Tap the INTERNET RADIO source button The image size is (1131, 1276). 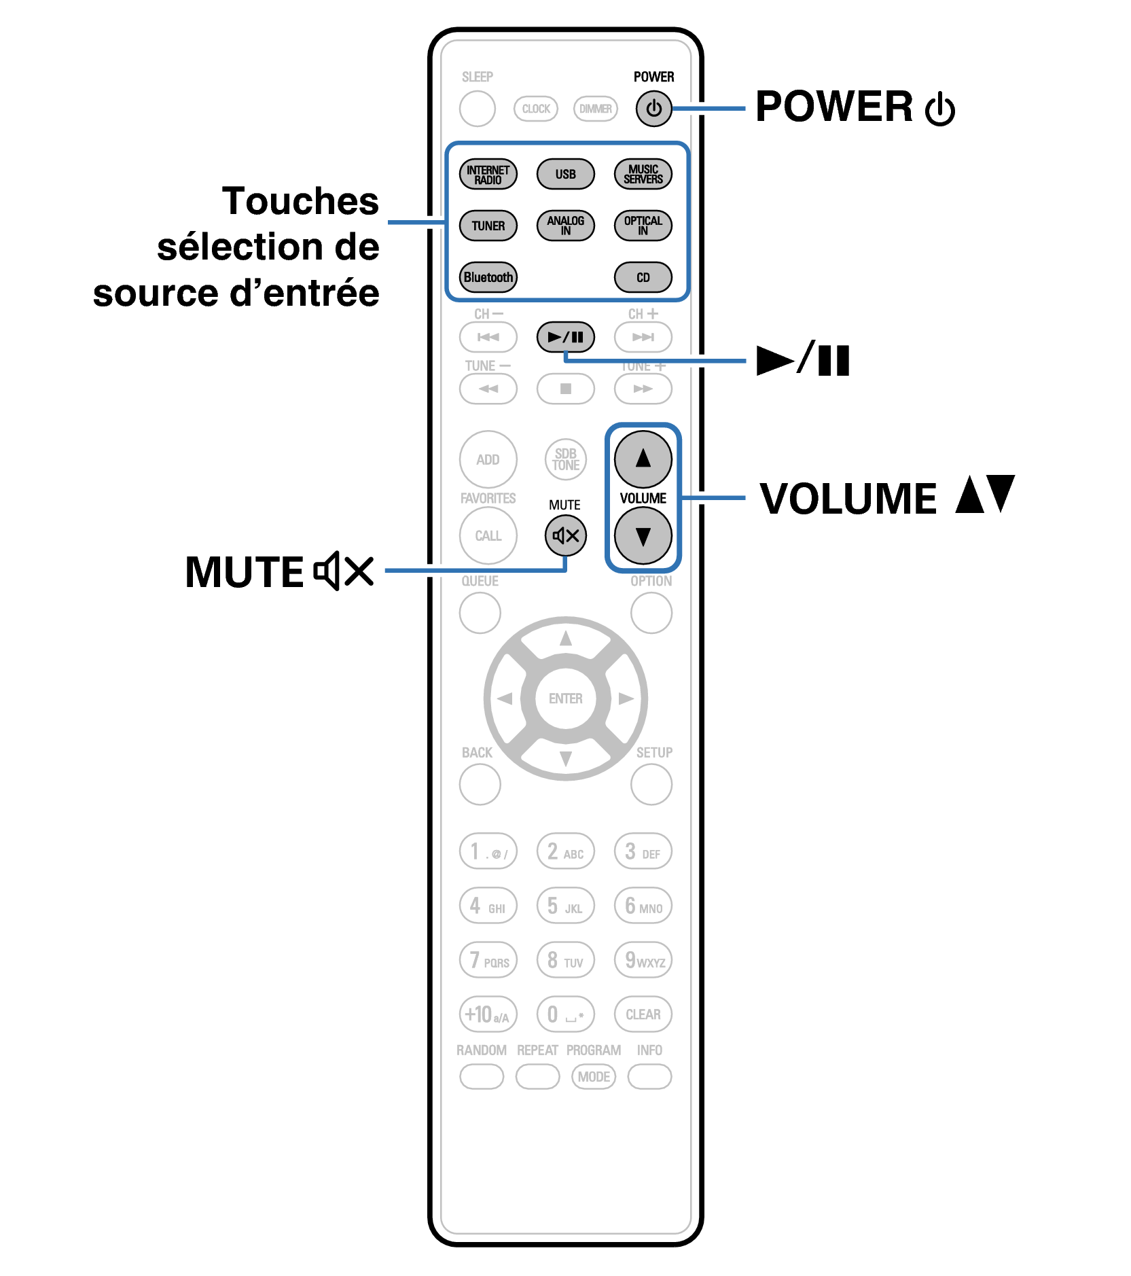click(488, 174)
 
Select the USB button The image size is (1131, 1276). click(565, 174)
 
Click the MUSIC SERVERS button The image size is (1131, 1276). click(643, 174)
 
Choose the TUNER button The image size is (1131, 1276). click(488, 226)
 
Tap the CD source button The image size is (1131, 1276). click(643, 277)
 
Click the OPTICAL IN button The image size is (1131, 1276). click(643, 226)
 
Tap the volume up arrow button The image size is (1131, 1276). click(643, 459)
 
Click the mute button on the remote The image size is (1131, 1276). click(565, 535)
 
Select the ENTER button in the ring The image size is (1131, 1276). click(565, 698)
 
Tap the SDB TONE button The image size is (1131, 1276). click(565, 459)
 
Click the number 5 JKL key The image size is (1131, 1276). click(565, 906)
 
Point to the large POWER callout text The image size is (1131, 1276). click(835, 107)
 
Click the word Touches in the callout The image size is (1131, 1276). click(300, 201)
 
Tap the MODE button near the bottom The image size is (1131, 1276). click(594, 1077)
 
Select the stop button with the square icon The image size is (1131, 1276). click(565, 389)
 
